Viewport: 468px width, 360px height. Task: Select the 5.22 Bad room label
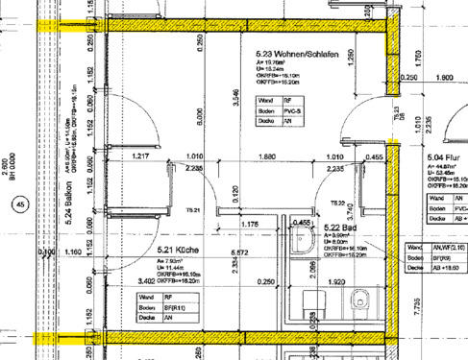point(341,228)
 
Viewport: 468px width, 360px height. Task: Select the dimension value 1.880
point(266,156)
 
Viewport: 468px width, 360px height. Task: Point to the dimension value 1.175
point(251,224)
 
